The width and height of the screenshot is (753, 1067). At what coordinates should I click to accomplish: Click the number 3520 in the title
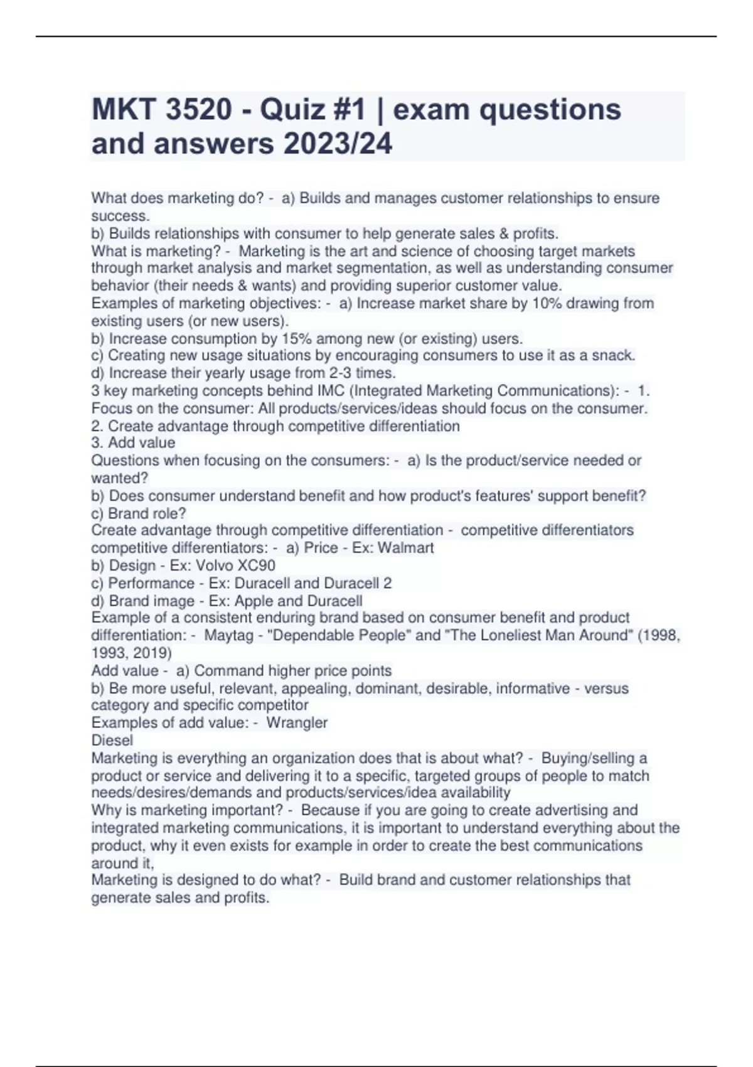tap(199, 110)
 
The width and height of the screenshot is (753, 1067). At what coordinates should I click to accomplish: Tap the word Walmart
tap(405, 548)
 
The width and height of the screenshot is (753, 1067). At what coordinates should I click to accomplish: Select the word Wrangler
tap(297, 723)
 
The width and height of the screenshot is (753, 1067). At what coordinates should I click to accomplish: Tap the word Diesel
tap(112, 741)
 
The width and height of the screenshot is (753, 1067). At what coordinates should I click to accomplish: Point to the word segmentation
tap(344, 269)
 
